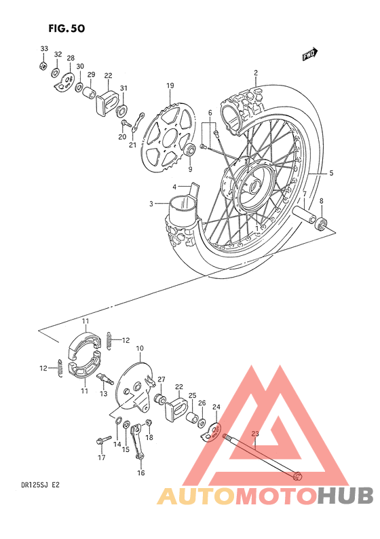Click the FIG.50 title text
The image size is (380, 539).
[x=67, y=29]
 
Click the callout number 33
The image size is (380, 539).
[x=44, y=50]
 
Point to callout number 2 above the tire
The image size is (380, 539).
[x=256, y=73]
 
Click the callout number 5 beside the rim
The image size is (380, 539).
[x=331, y=173]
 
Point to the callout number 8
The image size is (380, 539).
[x=322, y=200]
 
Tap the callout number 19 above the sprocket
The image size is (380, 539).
[x=170, y=86]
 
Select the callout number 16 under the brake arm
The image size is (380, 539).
[x=141, y=473]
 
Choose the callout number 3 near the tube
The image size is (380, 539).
[x=152, y=202]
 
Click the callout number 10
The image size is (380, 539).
[x=139, y=349]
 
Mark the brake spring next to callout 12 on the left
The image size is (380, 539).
[x=60, y=369]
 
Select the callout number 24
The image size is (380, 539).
[x=216, y=407]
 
